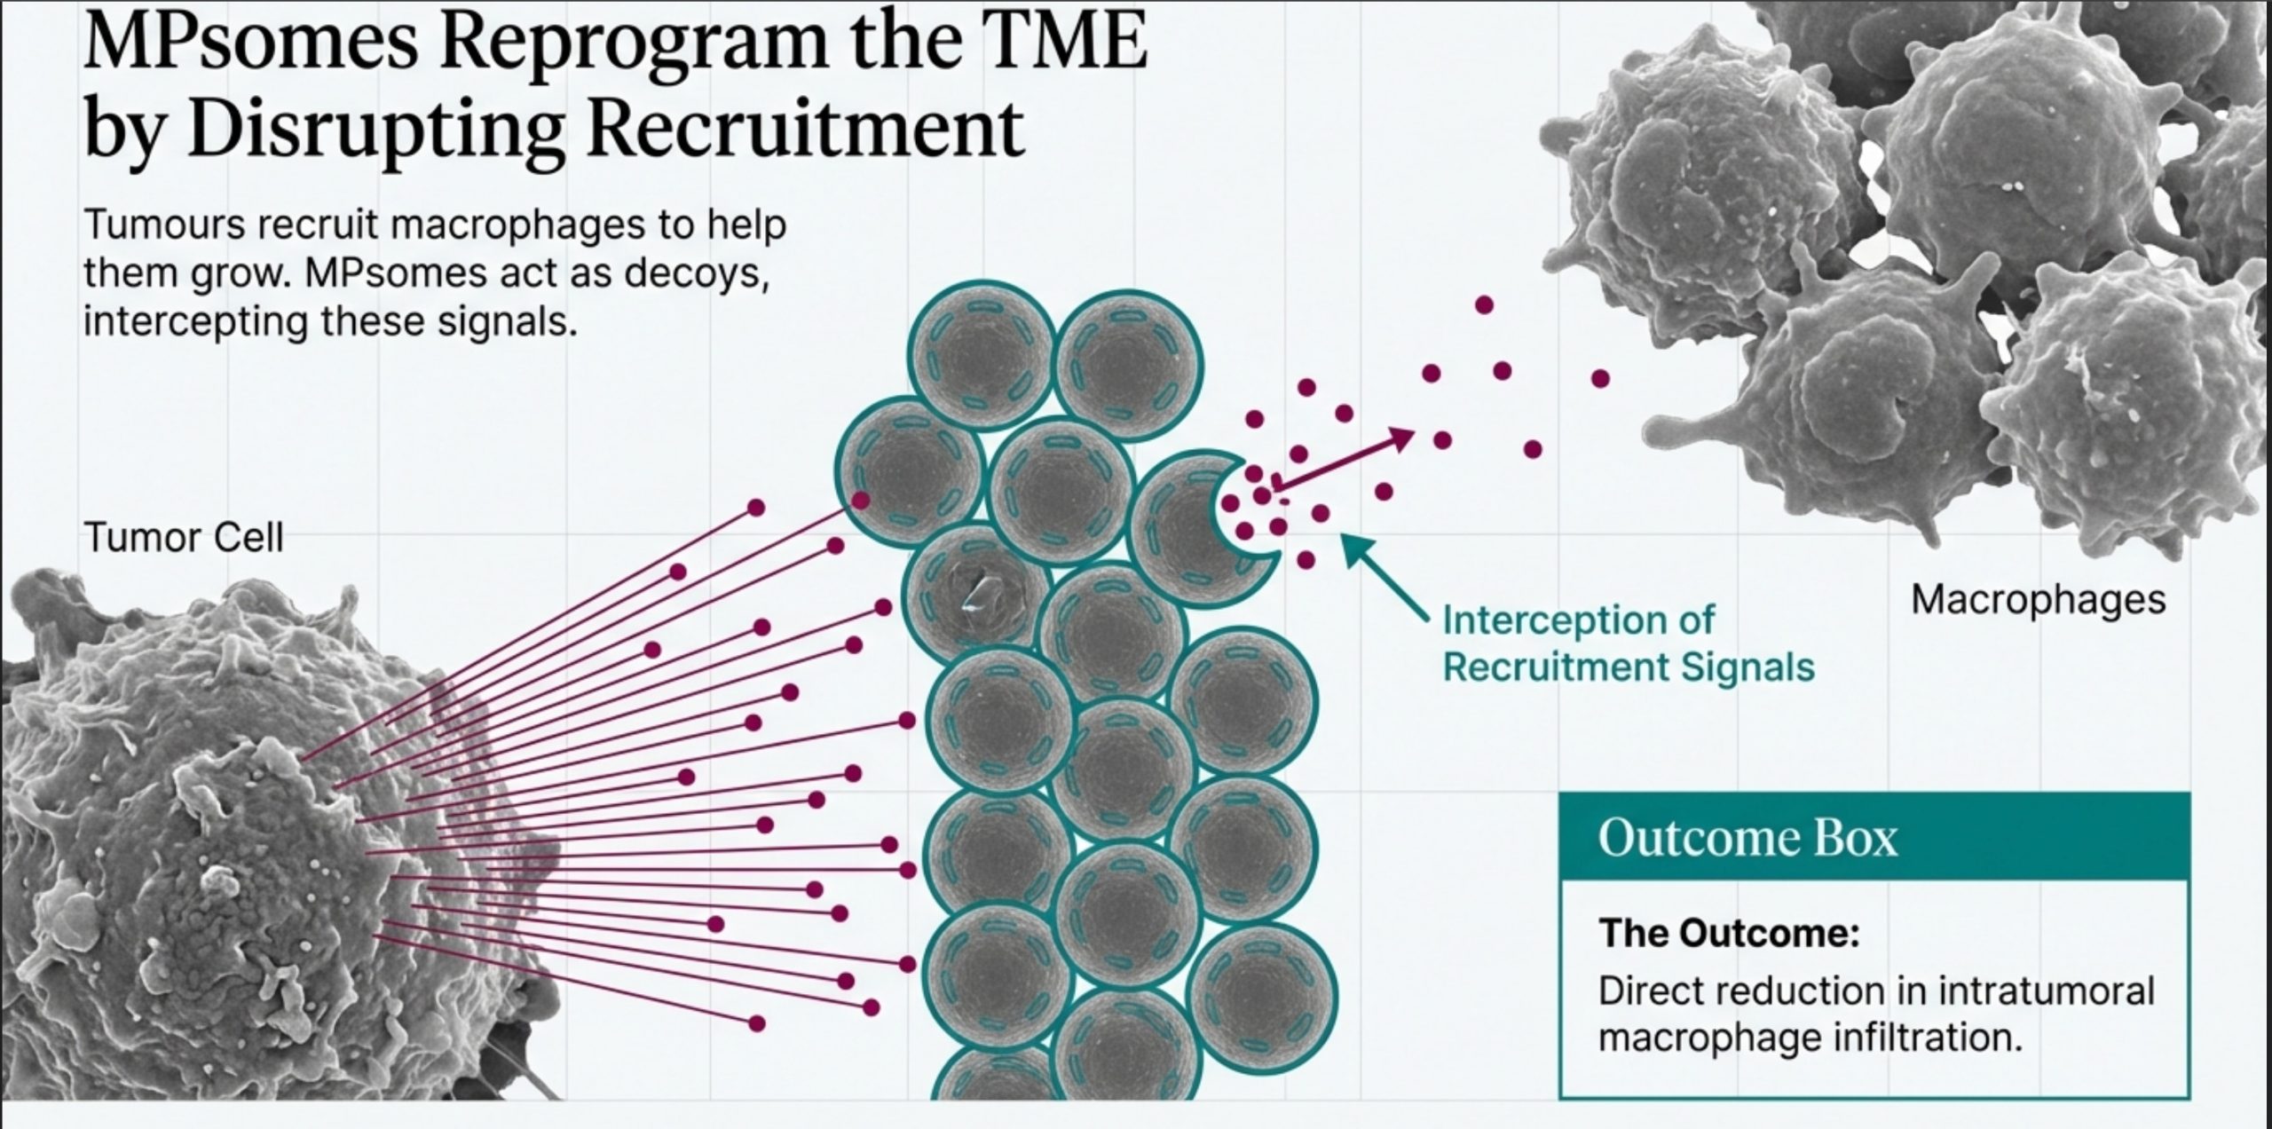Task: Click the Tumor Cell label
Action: click(x=184, y=538)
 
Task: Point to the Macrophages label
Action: click(x=2038, y=601)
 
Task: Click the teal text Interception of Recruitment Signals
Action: click(x=1628, y=643)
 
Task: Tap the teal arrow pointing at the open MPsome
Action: click(x=1385, y=576)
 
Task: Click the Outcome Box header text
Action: click(x=1747, y=838)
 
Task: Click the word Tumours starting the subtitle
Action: click(x=164, y=225)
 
